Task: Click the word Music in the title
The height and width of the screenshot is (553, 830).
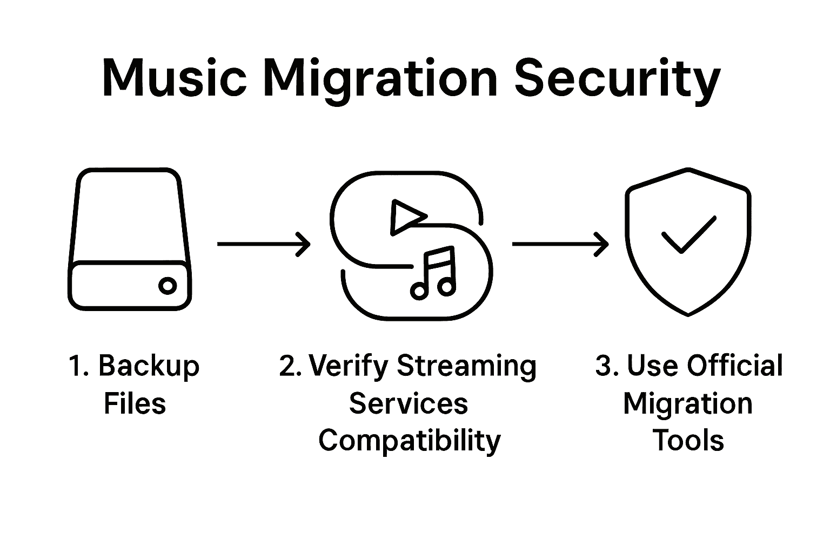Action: [x=174, y=79]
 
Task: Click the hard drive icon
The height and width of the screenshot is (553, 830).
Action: [x=130, y=239]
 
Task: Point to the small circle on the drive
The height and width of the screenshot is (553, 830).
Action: [x=168, y=286]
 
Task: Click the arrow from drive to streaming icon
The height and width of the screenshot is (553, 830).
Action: [x=264, y=244]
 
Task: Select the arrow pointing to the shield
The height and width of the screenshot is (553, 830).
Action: [x=560, y=244]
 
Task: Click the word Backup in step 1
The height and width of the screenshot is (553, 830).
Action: [x=149, y=367]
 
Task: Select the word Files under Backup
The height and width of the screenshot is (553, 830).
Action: [x=135, y=404]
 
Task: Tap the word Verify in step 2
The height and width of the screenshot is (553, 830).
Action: [x=349, y=367]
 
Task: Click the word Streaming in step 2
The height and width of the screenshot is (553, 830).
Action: [x=467, y=367]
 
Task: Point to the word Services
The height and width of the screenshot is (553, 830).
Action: [x=409, y=404]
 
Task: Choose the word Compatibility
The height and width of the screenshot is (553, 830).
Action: [x=410, y=441]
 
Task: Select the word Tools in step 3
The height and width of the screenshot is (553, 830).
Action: [x=688, y=440]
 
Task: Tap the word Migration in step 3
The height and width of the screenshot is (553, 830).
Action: [x=688, y=404]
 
